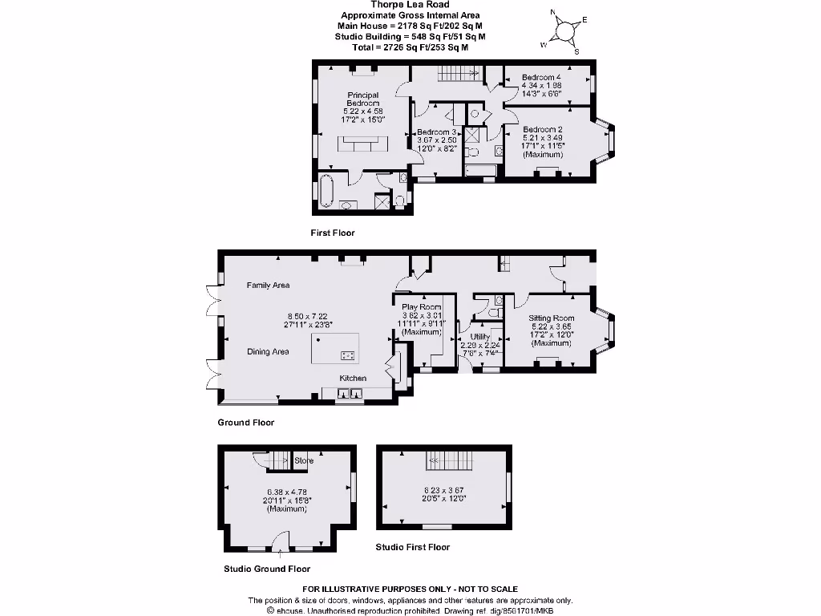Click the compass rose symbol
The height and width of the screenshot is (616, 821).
(565, 30)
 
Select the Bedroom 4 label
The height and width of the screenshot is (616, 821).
(541, 78)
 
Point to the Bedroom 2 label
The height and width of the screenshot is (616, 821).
(543, 129)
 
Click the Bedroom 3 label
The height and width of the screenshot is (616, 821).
(436, 132)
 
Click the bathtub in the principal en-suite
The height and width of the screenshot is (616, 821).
(326, 191)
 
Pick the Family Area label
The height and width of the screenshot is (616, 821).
(268, 285)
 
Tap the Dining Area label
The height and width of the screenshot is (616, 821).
(268, 351)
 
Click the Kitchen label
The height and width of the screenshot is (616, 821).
(353, 378)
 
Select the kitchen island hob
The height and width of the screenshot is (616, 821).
(349, 355)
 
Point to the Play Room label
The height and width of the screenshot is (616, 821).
(422, 307)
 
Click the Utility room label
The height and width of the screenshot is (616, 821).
(479, 337)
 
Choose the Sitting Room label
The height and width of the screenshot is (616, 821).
(552, 318)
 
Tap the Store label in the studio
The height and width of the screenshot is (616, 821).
(304, 460)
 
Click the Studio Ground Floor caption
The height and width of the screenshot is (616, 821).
(267, 569)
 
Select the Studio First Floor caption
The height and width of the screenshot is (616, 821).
(413, 547)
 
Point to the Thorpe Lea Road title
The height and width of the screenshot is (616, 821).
(410, 5)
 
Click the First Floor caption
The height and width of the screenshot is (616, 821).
(332, 233)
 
